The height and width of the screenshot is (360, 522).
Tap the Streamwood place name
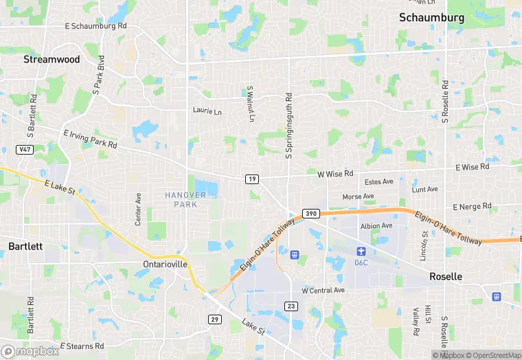tap(52, 60)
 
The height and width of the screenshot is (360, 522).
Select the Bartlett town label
tap(25, 246)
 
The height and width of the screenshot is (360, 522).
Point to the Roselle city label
tap(446, 276)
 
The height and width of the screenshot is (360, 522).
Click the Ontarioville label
tap(164, 265)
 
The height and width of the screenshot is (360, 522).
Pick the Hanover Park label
tap(185, 200)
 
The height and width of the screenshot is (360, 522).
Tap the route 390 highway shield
tap(310, 214)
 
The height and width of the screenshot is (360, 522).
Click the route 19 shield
tap(253, 179)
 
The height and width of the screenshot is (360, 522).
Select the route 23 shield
tap(291, 305)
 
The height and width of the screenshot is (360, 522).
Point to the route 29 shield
tap(215, 319)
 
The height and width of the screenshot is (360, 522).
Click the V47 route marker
tap(25, 149)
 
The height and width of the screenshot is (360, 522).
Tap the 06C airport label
tap(362, 262)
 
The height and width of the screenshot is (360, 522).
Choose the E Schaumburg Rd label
tap(96, 25)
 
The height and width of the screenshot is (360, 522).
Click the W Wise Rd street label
tap(335, 175)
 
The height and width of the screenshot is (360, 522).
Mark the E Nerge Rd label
tap(473, 206)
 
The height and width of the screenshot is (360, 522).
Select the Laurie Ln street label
tap(207, 111)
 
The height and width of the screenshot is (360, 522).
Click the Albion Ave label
tap(376, 226)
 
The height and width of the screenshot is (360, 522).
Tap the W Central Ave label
tap(323, 291)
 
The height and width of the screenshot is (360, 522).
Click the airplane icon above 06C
tap(362, 251)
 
